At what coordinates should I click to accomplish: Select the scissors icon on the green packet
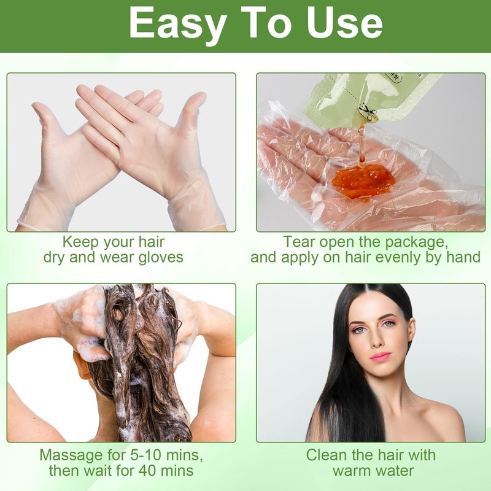(x=368, y=113)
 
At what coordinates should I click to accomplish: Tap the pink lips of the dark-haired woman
(x=381, y=357)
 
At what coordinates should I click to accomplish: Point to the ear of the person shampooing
(x=80, y=367)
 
